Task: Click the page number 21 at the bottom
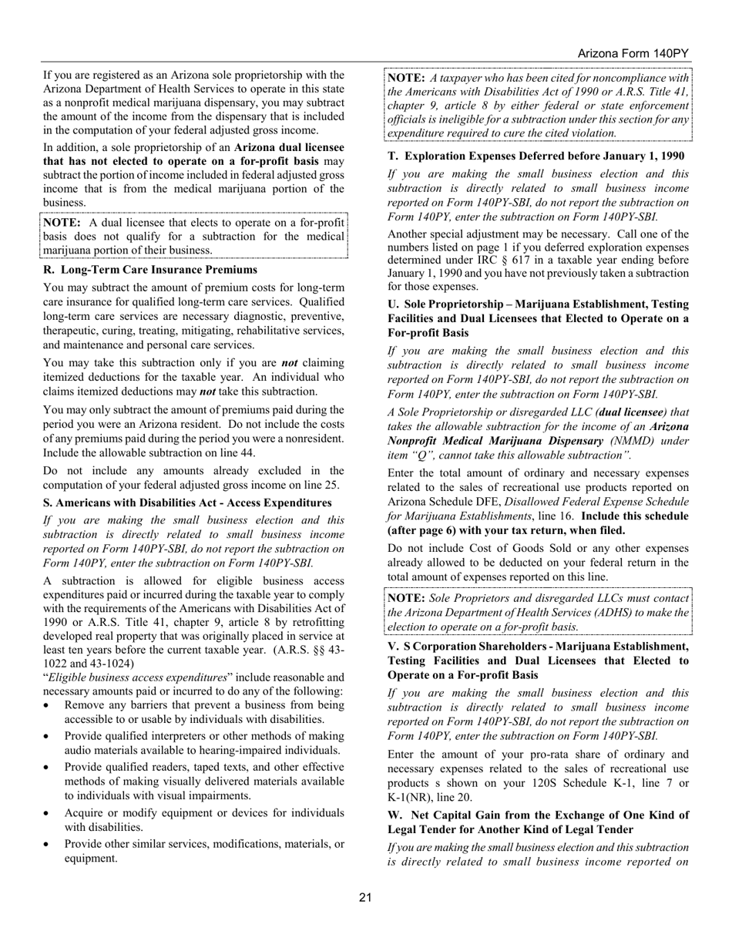pyautogui.click(x=365, y=897)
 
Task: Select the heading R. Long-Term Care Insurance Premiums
pyautogui.click(x=149, y=270)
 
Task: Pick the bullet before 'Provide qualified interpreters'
pyautogui.click(x=48, y=737)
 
